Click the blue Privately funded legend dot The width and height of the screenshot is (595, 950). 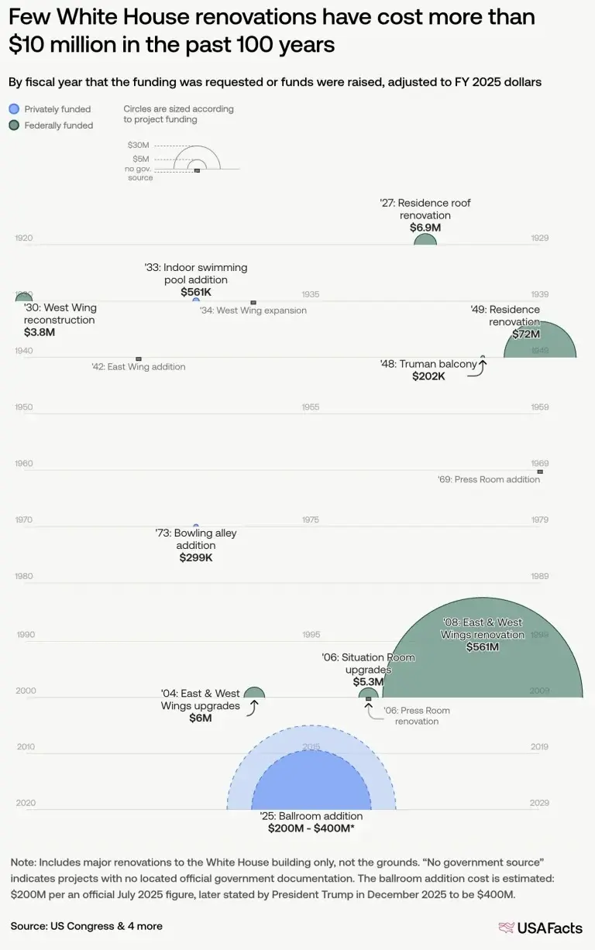(x=13, y=109)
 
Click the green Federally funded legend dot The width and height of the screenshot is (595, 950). (x=13, y=125)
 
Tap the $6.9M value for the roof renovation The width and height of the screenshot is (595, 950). (x=425, y=228)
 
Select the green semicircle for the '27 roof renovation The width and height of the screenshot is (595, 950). (x=425, y=240)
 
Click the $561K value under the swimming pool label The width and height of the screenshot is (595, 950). (x=195, y=292)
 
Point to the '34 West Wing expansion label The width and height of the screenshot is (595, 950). (x=253, y=310)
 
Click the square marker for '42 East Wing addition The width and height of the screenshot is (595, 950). (x=139, y=358)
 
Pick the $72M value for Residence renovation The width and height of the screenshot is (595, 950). (x=526, y=334)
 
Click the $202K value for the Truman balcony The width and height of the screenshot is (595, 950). (x=428, y=376)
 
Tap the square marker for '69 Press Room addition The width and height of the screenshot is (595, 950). (x=540, y=471)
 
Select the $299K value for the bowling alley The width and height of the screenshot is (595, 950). (x=195, y=557)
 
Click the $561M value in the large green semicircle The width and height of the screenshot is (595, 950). (x=482, y=647)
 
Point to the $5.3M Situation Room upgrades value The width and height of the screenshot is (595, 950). (x=368, y=682)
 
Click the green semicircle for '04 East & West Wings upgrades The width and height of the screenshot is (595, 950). (x=254, y=693)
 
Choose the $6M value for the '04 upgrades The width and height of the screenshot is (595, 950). (x=201, y=718)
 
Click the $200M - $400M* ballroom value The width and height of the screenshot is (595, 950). (x=311, y=828)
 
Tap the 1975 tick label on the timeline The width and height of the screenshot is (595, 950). (x=311, y=520)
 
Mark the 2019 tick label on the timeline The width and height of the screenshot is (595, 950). (x=539, y=747)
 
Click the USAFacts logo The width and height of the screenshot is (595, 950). (x=541, y=927)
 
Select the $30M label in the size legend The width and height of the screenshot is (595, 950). (x=139, y=145)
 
